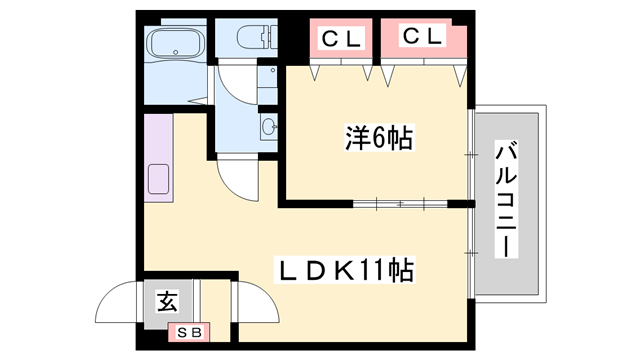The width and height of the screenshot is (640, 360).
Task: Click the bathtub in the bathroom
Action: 176,45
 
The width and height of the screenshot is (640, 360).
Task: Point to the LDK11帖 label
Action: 345,268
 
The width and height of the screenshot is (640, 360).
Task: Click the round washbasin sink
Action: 269,127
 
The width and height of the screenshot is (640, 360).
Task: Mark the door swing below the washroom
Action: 237,180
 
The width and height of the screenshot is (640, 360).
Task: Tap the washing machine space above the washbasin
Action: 267,80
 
